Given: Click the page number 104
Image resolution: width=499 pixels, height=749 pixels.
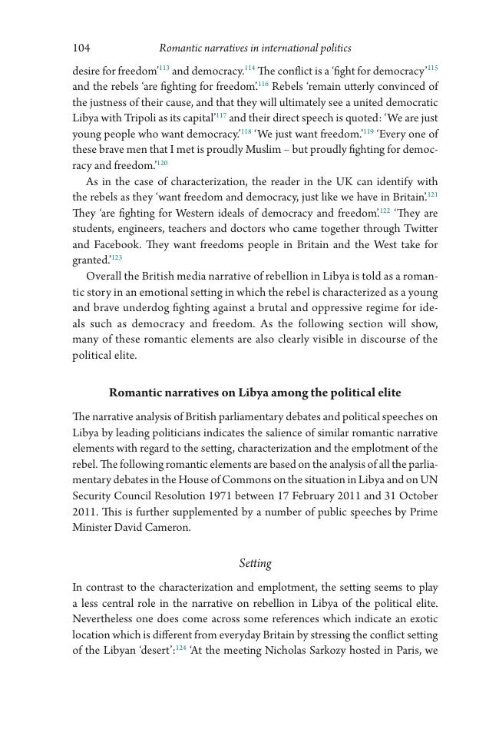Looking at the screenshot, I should click(81, 48).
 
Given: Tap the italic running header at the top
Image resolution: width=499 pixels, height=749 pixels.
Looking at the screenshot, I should click(255, 48).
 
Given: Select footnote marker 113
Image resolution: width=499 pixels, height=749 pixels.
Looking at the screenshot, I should click(164, 68).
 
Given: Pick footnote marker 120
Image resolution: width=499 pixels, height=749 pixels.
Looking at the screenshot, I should click(162, 163).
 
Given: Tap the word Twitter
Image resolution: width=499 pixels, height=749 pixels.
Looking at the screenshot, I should click(419, 229).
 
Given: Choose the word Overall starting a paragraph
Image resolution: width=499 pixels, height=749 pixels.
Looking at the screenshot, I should click(104, 277).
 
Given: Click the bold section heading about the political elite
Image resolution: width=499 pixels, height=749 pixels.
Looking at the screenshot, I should click(255, 393).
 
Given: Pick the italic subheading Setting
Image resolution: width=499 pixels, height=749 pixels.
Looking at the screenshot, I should click(255, 564).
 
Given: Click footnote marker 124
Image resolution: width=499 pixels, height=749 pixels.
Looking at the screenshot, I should click(182, 648).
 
